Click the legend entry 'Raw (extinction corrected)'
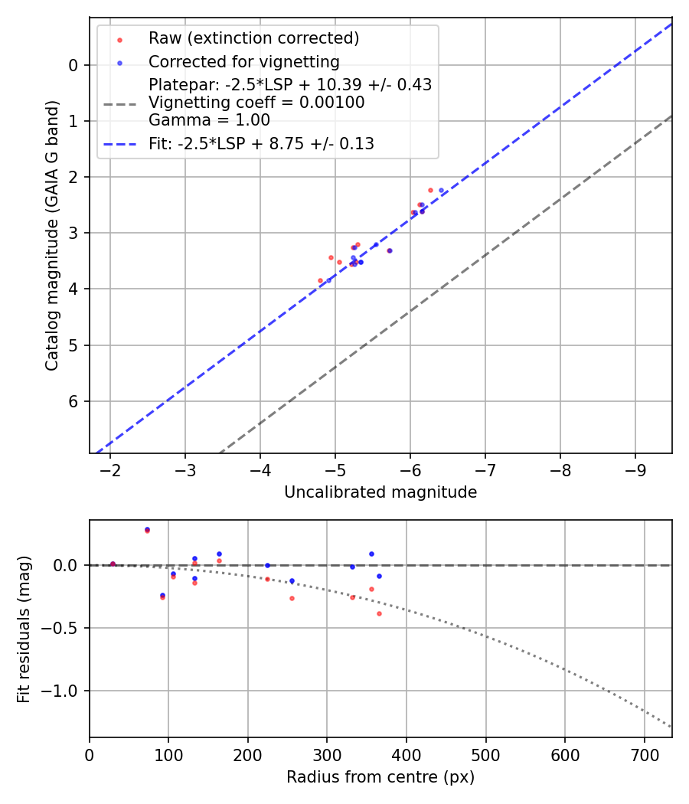pos(253,38)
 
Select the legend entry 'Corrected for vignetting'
pos(243,61)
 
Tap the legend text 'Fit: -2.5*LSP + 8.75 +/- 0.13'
pos(261,143)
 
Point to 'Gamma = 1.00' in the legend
pos(209,120)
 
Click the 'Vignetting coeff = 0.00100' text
pos(256,103)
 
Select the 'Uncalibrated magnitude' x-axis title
pos(380,492)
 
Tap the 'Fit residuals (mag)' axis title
pos(24,629)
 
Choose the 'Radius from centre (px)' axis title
pos(380,777)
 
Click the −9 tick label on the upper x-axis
pos(635,469)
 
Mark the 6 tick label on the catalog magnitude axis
pos(73,401)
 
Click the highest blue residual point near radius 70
pos(147,529)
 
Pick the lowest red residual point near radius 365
pos(379,613)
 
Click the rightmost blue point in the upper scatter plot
pos(441,190)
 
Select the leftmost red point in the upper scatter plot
pos(320,280)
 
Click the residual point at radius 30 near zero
pos(113,564)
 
